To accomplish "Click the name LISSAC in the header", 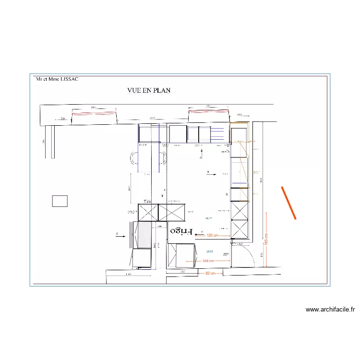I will [68, 80].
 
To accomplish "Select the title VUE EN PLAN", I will [149, 90].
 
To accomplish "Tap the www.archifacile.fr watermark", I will [330, 310].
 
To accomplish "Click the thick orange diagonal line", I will [288, 203].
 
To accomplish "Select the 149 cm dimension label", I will [208, 261].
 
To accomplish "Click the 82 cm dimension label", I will [210, 273].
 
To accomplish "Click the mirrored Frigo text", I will [180, 231].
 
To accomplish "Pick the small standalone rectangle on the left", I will [60, 201].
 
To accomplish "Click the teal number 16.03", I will [209, 251].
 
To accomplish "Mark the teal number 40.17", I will [208, 218].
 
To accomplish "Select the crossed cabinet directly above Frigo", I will [171, 212].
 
